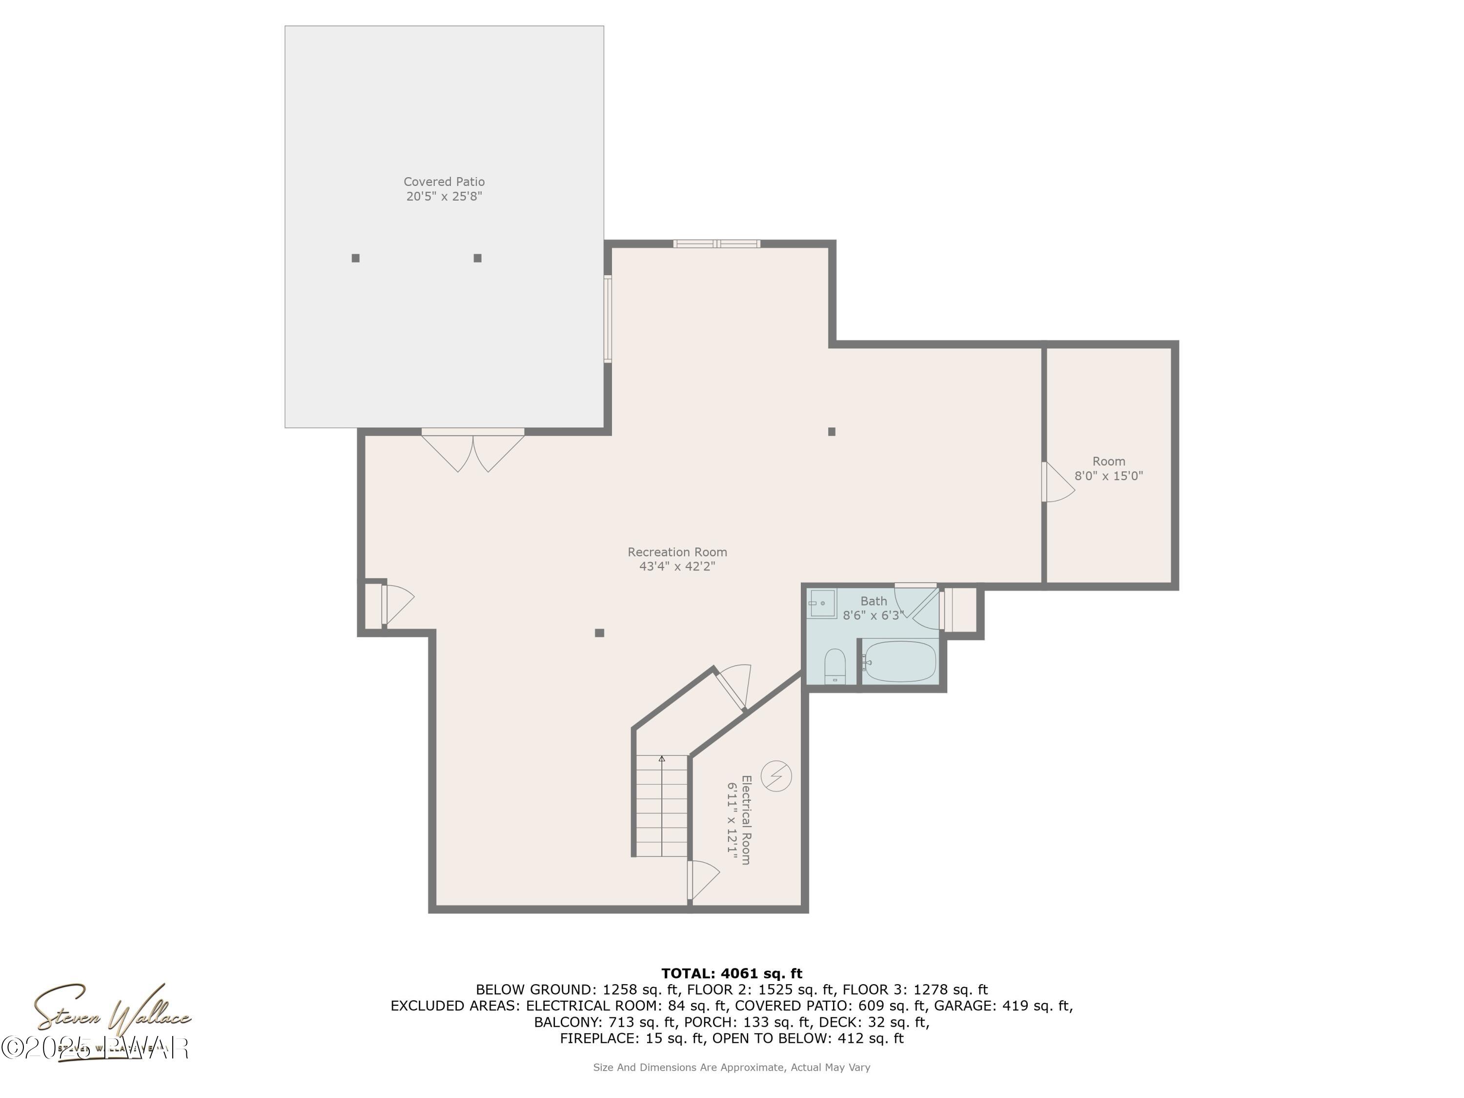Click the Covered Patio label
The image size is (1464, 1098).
(x=444, y=182)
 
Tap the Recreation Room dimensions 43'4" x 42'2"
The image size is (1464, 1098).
(x=677, y=567)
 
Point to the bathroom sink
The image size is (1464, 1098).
(x=822, y=603)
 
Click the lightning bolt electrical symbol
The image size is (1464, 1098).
(x=776, y=776)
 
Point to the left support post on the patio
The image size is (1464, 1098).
(x=355, y=258)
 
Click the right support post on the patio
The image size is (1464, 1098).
(x=477, y=258)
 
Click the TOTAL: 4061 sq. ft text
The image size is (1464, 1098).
(x=732, y=974)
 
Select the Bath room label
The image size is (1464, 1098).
(x=873, y=601)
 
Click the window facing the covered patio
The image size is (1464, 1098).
(x=608, y=319)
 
